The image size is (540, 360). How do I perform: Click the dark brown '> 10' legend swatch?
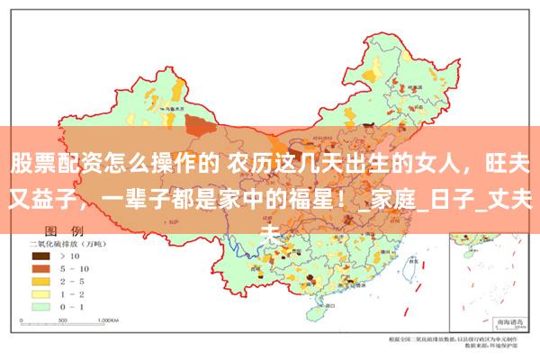tap(40, 256)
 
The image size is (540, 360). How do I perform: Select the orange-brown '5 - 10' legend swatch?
tap(40, 268)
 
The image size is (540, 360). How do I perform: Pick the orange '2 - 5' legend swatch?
tap(40, 281)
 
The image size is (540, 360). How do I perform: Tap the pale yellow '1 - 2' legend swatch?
tap(40, 293)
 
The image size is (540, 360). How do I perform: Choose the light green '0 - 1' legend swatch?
tap(40, 306)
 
